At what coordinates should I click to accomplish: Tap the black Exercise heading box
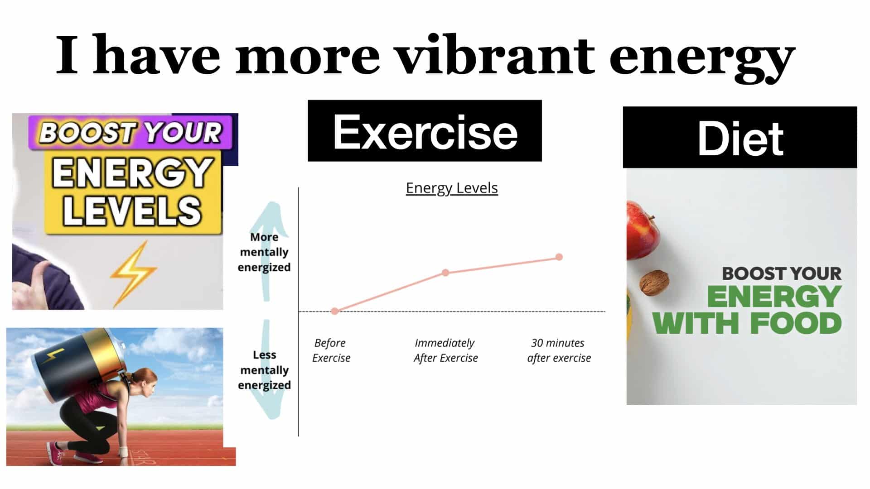coord(425,131)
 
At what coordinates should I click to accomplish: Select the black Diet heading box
coord(740,138)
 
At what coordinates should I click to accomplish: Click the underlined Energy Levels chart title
coord(452,188)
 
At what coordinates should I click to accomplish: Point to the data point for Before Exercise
coord(335,311)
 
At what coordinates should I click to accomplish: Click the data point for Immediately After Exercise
coord(445,273)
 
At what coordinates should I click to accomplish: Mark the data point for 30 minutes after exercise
coord(559,257)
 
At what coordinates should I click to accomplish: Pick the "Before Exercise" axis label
coord(331,350)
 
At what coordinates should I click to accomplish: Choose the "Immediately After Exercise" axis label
coord(445,350)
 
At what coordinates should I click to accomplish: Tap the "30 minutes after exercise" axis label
coord(559,350)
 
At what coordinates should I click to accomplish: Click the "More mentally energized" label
coord(264,252)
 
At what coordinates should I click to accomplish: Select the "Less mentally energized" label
coord(265,370)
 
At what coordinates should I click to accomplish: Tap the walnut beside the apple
coord(654,283)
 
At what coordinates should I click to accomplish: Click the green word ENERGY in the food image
coord(774,297)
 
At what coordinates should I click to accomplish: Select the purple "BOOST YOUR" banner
coord(130,133)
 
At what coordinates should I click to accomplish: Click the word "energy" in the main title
coord(702,59)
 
